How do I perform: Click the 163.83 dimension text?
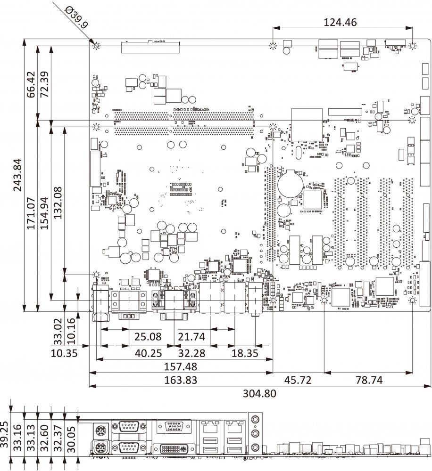(x=181, y=380)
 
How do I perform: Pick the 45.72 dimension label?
(x=299, y=380)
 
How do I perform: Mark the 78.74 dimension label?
(x=368, y=380)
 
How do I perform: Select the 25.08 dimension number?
(x=148, y=337)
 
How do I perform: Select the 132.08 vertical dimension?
(x=58, y=200)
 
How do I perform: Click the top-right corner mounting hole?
(x=412, y=46)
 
